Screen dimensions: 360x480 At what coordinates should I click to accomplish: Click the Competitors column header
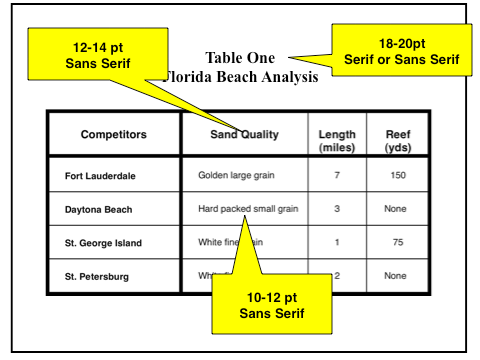(x=113, y=134)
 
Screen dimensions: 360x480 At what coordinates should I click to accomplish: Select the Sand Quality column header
(x=245, y=134)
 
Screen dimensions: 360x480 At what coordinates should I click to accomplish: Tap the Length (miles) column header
(x=337, y=140)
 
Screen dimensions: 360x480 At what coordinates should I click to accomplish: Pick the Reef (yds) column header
(x=397, y=140)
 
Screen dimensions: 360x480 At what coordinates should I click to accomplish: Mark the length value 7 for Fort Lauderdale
(x=337, y=176)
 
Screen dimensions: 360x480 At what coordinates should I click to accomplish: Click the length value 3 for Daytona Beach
(x=337, y=209)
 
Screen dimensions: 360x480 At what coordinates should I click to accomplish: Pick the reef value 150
(x=397, y=176)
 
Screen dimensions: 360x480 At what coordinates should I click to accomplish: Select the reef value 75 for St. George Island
(x=397, y=243)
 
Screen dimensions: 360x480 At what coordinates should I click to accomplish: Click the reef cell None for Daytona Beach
(x=397, y=209)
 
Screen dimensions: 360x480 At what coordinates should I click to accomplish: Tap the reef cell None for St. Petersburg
(x=397, y=276)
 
